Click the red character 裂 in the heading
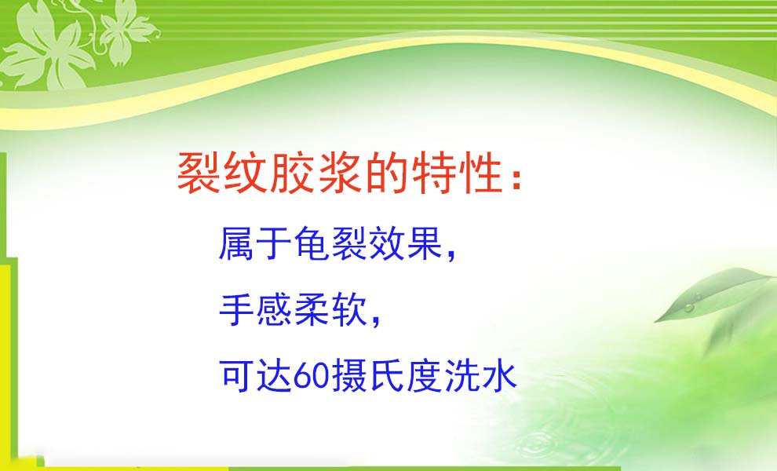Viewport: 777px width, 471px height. [x=199, y=173]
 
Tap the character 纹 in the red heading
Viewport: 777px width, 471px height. [x=246, y=173]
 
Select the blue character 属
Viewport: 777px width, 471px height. [x=237, y=243]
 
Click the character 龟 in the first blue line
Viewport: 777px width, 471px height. [x=312, y=243]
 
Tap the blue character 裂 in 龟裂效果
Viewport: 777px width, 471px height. [x=349, y=243]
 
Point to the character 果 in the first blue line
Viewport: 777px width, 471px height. [x=425, y=243]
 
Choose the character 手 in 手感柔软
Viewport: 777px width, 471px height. [x=237, y=309]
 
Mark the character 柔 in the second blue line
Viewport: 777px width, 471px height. [x=312, y=309]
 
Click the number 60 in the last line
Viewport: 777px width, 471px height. [x=312, y=377]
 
